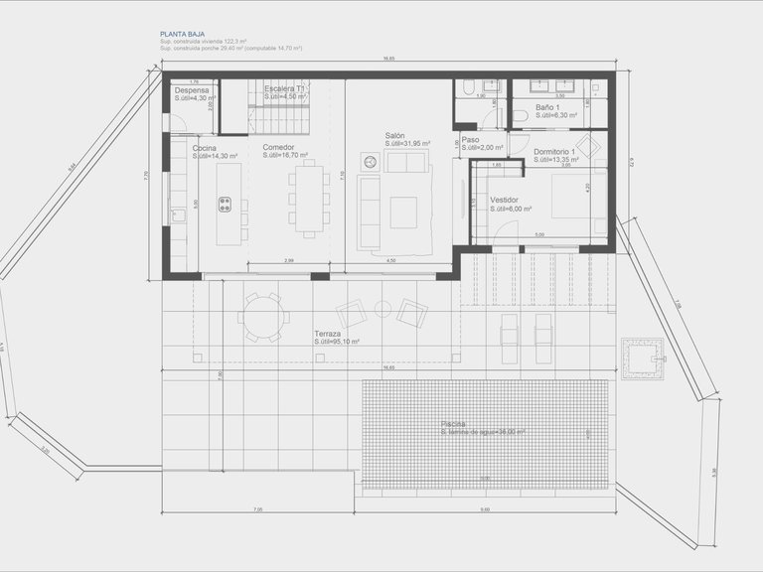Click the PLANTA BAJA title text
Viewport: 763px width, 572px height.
(183, 34)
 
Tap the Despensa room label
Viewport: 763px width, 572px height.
(192, 89)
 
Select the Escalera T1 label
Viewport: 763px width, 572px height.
(284, 89)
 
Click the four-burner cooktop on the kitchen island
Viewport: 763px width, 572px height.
(226, 206)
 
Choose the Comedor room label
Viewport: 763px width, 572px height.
(279, 148)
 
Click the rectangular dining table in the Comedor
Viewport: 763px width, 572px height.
(308, 199)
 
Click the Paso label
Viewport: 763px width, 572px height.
(470, 140)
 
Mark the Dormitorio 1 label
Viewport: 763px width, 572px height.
(554, 152)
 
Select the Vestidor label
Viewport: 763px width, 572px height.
(505, 200)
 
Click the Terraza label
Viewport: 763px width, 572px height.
(328, 334)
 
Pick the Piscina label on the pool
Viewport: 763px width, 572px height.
(454, 424)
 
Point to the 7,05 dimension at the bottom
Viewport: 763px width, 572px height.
(257, 509)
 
